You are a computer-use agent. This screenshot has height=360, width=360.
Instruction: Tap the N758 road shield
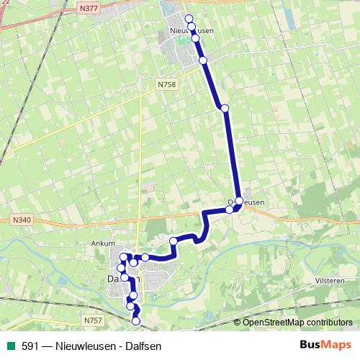(166, 84)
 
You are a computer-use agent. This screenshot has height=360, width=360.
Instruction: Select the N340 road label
(22, 220)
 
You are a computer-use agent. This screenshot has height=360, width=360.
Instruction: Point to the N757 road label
(92, 320)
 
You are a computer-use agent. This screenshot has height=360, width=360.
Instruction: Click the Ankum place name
(103, 243)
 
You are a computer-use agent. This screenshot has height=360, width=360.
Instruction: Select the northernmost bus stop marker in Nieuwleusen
(189, 18)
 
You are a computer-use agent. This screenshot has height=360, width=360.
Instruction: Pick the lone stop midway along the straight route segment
(225, 108)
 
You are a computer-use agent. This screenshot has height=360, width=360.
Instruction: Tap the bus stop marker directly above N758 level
(203, 60)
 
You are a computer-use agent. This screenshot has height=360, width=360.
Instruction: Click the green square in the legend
(10, 346)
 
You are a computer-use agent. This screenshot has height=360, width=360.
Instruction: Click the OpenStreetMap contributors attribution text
(298, 323)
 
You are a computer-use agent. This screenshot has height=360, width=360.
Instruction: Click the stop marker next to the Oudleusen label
(239, 201)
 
